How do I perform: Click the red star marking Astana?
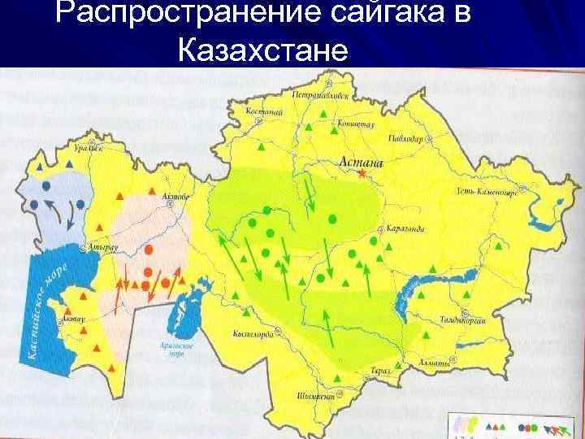pos(360,173)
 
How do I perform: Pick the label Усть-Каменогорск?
pos(487,193)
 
